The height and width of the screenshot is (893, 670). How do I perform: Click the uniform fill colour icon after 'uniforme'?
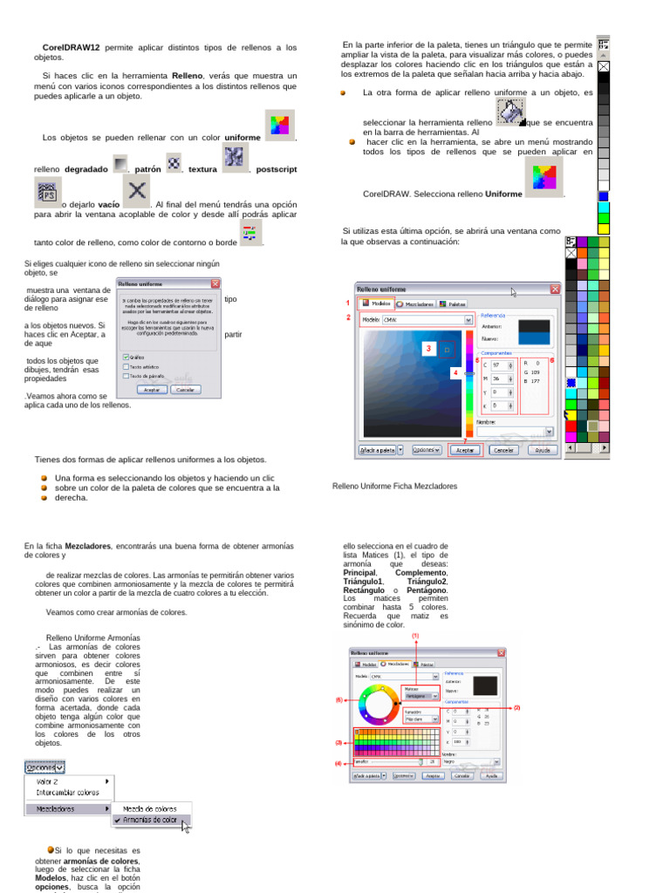pos(279,125)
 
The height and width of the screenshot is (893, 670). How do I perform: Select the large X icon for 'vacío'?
pos(135,190)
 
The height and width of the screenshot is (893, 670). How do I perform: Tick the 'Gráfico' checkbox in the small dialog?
pos(126,357)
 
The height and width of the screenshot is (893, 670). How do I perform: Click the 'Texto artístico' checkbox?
pos(126,366)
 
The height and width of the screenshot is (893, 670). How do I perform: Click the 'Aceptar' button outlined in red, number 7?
pos(465,450)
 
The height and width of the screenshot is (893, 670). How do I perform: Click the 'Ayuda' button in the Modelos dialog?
pos(542,450)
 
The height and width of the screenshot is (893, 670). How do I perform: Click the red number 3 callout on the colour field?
pos(428,348)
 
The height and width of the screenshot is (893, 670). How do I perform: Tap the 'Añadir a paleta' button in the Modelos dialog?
pos(377,450)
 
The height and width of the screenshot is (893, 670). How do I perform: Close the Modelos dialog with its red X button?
pos(554,289)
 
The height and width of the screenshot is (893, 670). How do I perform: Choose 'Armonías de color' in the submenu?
pos(150,820)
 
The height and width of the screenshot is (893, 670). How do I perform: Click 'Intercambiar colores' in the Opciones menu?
pos(67,793)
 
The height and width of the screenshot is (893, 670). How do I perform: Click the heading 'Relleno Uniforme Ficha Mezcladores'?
pos(394,487)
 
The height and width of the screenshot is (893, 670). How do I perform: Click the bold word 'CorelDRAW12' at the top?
pos(72,47)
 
